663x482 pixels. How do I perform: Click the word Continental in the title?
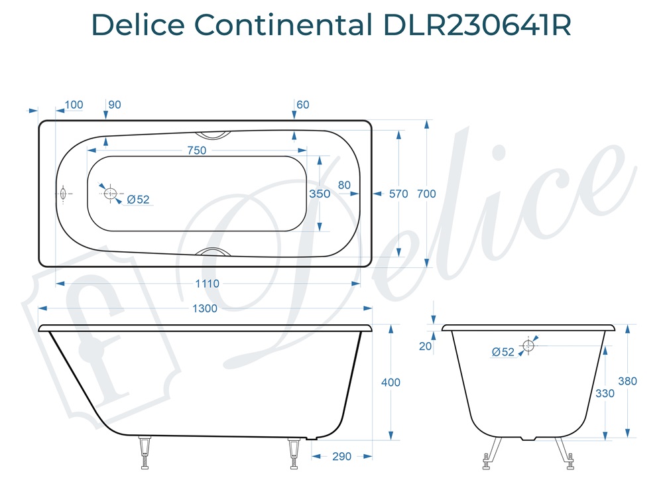pyautogui.click(x=284, y=25)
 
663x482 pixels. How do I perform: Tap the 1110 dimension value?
pyautogui.click(x=207, y=284)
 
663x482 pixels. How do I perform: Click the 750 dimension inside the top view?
pyautogui.click(x=196, y=151)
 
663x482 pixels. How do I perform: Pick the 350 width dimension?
pyautogui.click(x=320, y=194)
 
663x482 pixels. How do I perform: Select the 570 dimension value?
pyautogui.click(x=398, y=194)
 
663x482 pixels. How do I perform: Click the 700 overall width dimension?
pyautogui.click(x=426, y=194)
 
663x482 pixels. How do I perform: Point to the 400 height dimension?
pyautogui.click(x=391, y=383)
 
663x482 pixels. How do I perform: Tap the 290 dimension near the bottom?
pyautogui.click(x=341, y=457)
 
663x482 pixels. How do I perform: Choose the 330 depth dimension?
pyautogui.click(x=605, y=393)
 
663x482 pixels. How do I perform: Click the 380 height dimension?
pyautogui.click(x=627, y=381)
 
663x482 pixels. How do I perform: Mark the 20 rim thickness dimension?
pyautogui.click(x=426, y=346)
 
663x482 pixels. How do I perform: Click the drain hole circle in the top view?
pyautogui.click(x=110, y=194)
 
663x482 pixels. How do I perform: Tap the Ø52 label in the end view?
pyautogui.click(x=503, y=352)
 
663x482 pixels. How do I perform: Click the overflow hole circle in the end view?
pyautogui.click(x=528, y=345)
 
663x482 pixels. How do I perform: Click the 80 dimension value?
pyautogui.click(x=344, y=185)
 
